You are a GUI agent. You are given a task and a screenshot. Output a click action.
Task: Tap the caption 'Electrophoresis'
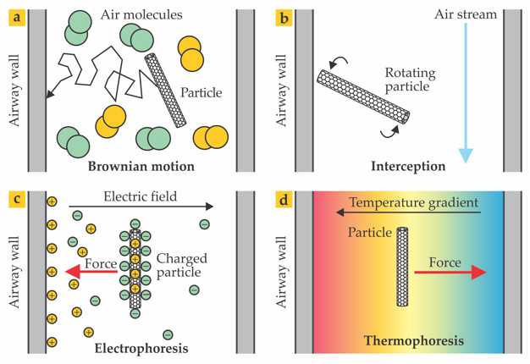coord(141,347)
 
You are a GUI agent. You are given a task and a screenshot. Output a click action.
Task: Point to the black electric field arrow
coord(141,206)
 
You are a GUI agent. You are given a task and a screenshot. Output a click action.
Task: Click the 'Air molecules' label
coord(141,14)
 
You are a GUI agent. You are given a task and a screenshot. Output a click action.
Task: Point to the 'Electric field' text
coord(141,196)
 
